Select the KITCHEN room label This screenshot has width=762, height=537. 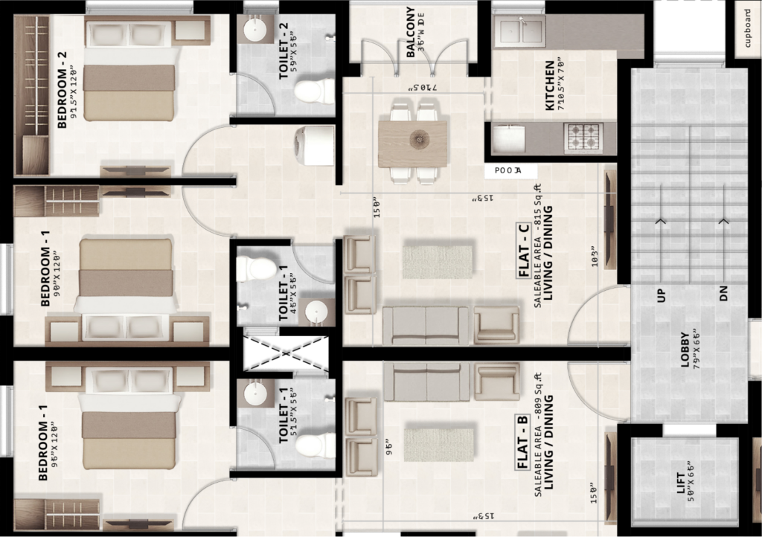(551, 86)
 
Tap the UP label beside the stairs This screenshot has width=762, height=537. (661, 296)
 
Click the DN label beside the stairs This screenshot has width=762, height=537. (723, 296)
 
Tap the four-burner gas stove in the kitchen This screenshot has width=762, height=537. (583, 137)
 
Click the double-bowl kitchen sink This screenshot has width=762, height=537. (522, 32)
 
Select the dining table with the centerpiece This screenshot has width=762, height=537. (412, 143)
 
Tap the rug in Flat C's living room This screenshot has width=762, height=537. (438, 261)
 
